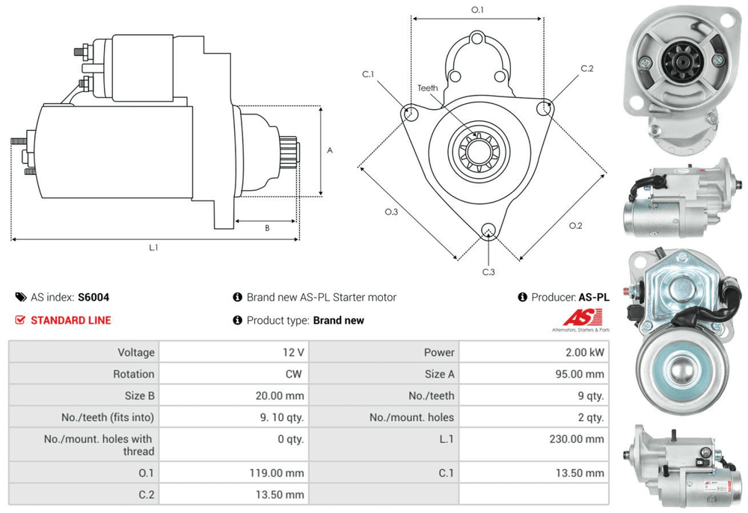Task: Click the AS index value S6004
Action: point(93,297)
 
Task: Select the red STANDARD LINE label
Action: point(70,320)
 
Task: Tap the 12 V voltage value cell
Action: point(295,352)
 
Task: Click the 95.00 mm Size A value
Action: point(584,374)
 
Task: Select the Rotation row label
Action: point(134,374)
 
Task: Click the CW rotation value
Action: point(295,374)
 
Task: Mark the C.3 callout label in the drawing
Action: point(488,271)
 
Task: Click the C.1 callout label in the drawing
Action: point(368,74)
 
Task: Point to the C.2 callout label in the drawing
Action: point(586,69)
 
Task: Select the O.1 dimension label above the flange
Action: point(477,10)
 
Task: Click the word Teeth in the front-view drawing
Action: point(428,88)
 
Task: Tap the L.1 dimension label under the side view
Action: point(154,247)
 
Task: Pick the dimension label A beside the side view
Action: point(330,150)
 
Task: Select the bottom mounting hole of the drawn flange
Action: point(489,230)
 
